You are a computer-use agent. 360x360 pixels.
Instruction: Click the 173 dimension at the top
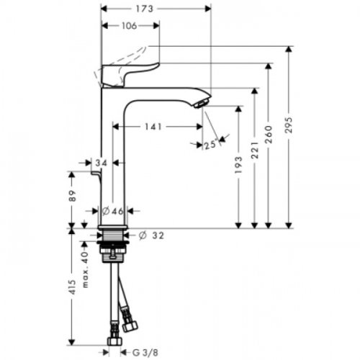point(156,9)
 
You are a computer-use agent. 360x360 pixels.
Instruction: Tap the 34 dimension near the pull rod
point(101,164)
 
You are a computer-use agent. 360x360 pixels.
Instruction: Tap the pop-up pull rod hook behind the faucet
point(94,174)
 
